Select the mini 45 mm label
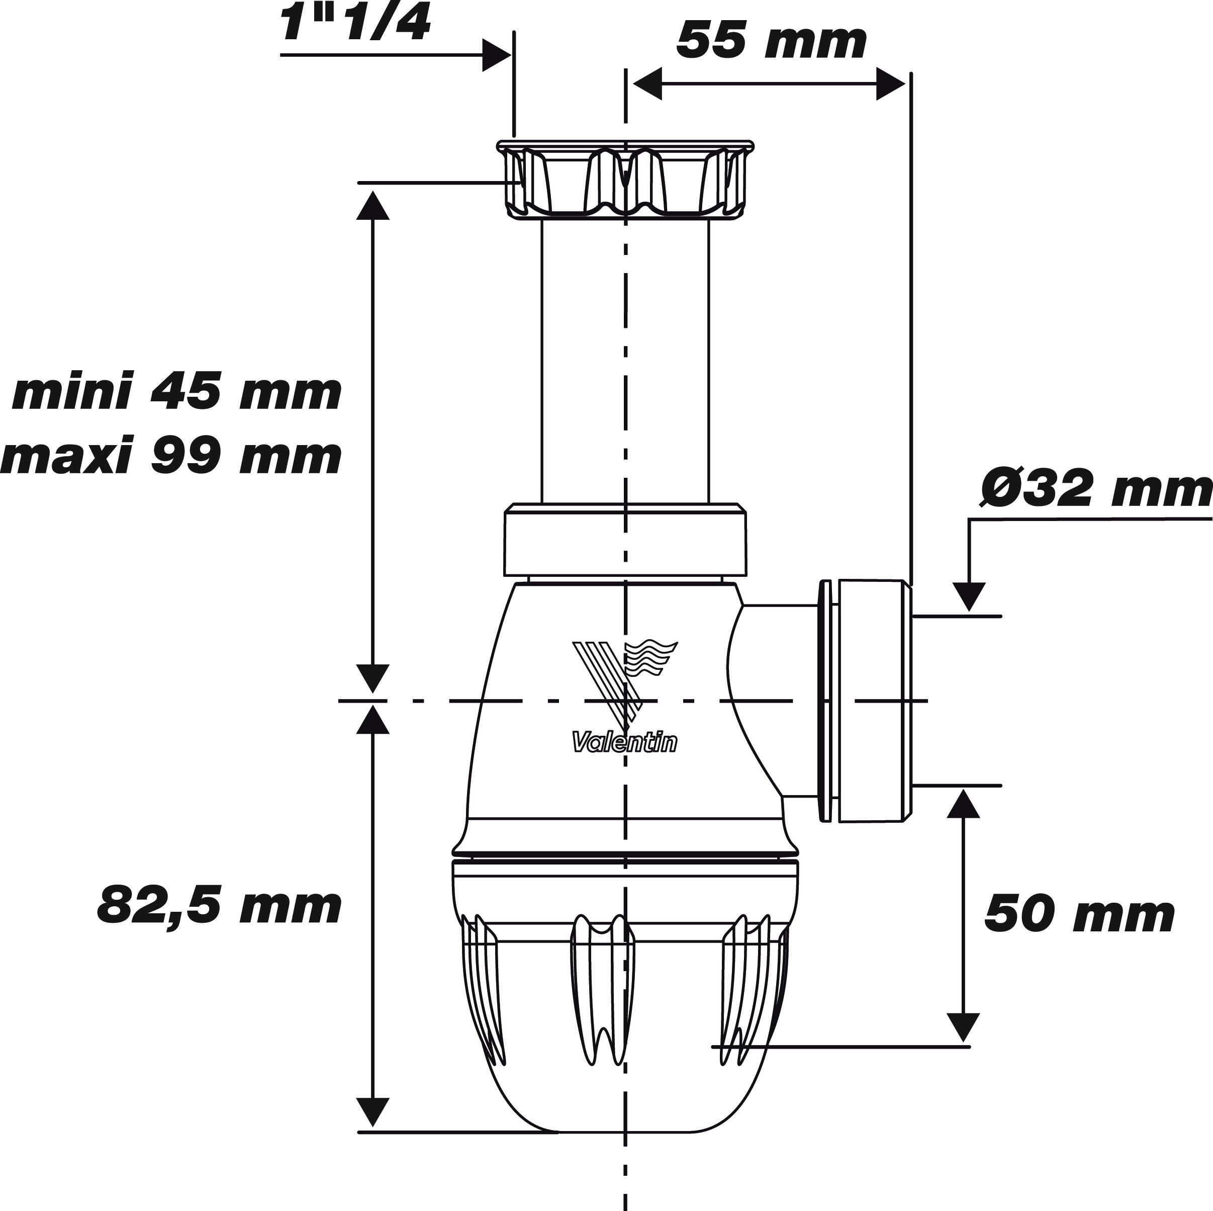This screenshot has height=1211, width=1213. click(177, 393)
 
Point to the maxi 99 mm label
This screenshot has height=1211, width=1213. click(171, 457)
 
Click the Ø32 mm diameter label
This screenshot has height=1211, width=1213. click(1095, 490)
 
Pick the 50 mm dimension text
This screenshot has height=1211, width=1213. click(1079, 915)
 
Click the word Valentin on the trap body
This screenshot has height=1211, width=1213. click(625, 744)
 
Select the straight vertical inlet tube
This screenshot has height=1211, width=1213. click(625, 358)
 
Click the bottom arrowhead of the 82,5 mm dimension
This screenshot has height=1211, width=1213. click(373, 1112)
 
